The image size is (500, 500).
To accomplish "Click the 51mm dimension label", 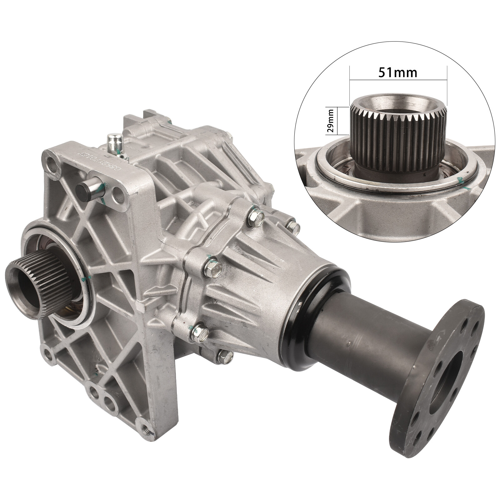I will click(398, 72).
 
